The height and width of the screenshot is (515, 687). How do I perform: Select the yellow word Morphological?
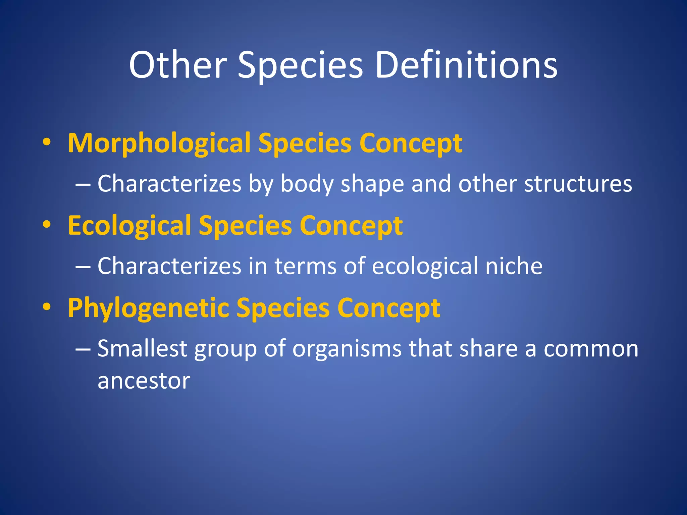[x=159, y=144]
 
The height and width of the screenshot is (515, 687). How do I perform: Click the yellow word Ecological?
[x=129, y=226]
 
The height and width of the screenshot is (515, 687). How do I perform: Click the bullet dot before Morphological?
[x=47, y=143]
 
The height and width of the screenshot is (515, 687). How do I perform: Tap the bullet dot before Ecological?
[x=47, y=225]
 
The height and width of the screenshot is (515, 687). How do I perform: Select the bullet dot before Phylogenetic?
[x=47, y=307]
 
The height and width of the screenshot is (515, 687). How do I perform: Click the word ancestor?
[x=144, y=381]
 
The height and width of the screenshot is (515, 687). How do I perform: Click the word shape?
[x=372, y=184]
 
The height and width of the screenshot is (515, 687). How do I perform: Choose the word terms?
[x=305, y=266]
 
